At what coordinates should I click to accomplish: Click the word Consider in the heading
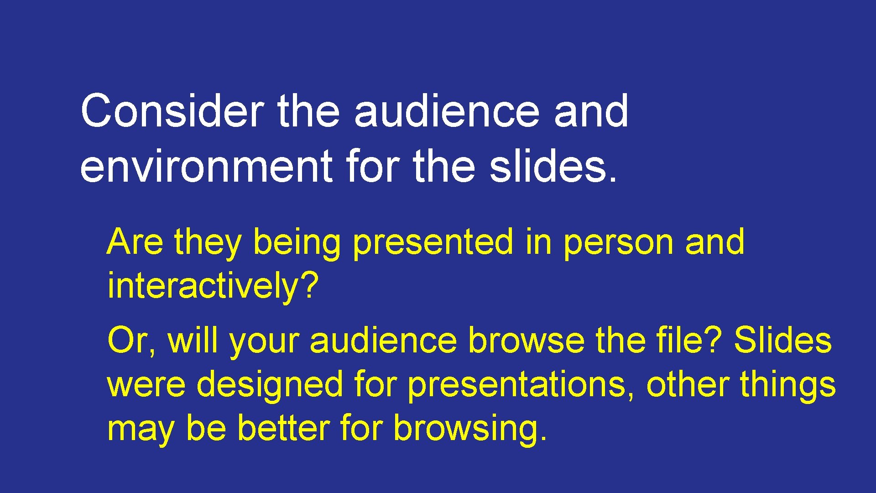[172, 111]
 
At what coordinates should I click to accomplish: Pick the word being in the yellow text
[297, 243]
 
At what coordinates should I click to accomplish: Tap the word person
[618, 243]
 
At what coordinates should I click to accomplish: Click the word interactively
[203, 286]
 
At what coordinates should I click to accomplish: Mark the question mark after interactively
[310, 285]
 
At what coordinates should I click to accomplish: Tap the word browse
[527, 341]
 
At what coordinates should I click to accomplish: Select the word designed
[270, 385]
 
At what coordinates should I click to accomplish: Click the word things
[787, 385]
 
